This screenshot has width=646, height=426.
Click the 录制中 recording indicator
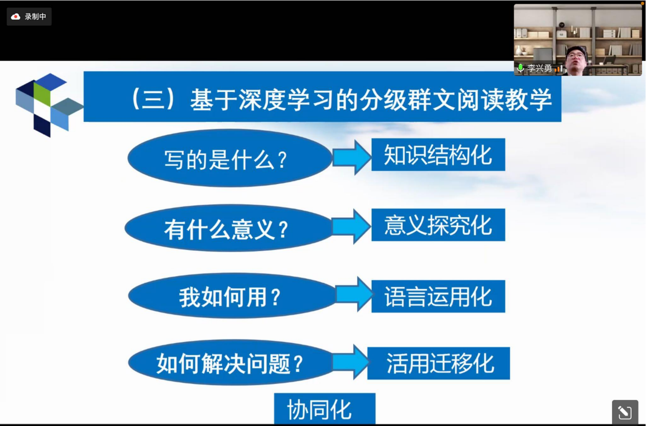pos(29,17)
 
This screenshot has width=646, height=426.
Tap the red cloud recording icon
pos(15,17)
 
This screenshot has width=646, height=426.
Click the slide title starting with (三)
pos(342,100)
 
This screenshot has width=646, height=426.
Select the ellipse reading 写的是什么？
pos(230,158)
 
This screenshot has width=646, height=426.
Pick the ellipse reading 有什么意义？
pos(228,228)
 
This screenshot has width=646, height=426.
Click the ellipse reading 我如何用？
pos(232,295)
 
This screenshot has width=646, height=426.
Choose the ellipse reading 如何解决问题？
pos(231,362)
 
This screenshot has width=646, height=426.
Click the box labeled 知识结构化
pos(438,155)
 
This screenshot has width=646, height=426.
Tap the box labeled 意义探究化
pos(438,225)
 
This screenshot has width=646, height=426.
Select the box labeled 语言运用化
pos(438,296)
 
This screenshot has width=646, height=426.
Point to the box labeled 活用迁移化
pos(439,363)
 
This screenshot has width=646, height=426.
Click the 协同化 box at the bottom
pos(325,409)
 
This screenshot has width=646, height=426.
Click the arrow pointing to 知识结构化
pos(352,157)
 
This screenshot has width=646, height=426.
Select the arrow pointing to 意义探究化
pos(351,227)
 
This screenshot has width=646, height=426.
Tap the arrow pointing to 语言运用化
pos(355,294)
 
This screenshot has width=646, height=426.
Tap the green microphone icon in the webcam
pos(520,68)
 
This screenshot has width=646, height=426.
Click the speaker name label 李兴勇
pos(539,68)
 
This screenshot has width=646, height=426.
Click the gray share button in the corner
pos(625,412)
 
